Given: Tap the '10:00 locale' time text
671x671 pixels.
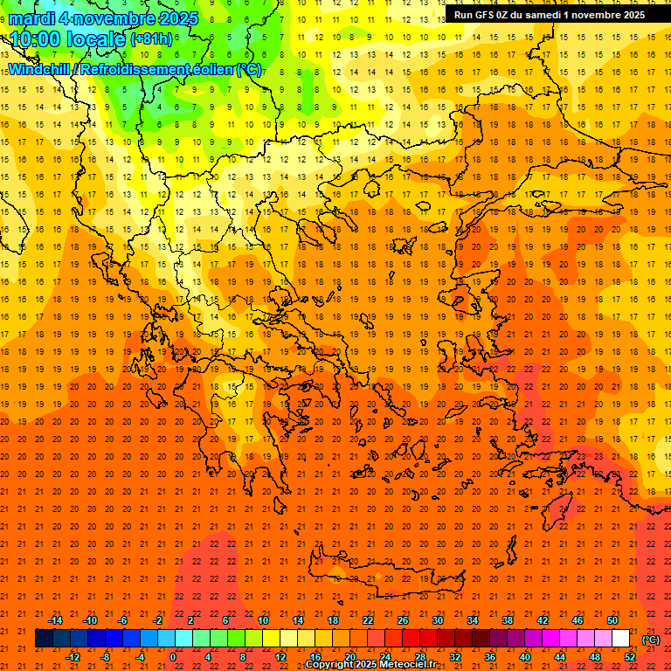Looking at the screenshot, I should coord(68,39).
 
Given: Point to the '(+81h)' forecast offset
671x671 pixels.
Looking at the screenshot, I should coord(151,39).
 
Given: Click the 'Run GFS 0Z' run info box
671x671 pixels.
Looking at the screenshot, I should coord(549,15).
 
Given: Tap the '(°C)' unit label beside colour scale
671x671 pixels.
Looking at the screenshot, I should coord(651,640).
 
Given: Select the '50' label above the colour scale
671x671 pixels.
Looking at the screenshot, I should coord(612,620).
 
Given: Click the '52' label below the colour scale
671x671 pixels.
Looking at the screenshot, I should coord(630,657).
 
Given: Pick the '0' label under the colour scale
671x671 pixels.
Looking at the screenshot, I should coord(173,657).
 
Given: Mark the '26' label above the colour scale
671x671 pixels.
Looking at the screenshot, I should coord(403,620).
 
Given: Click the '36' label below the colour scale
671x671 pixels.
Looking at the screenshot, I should coord(490,657).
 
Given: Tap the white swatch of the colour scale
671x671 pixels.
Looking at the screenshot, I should coord(621,639).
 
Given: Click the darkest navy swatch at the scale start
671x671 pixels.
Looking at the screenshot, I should coord(44,639).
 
